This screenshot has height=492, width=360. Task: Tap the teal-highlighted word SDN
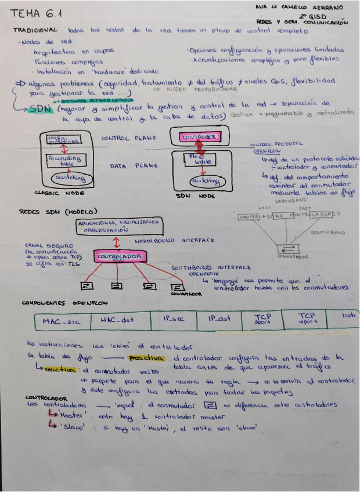(39, 108)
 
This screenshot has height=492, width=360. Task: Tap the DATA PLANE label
(134, 166)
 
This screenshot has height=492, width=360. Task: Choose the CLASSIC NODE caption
(56, 193)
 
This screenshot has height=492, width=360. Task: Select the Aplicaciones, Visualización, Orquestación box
(118, 225)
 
